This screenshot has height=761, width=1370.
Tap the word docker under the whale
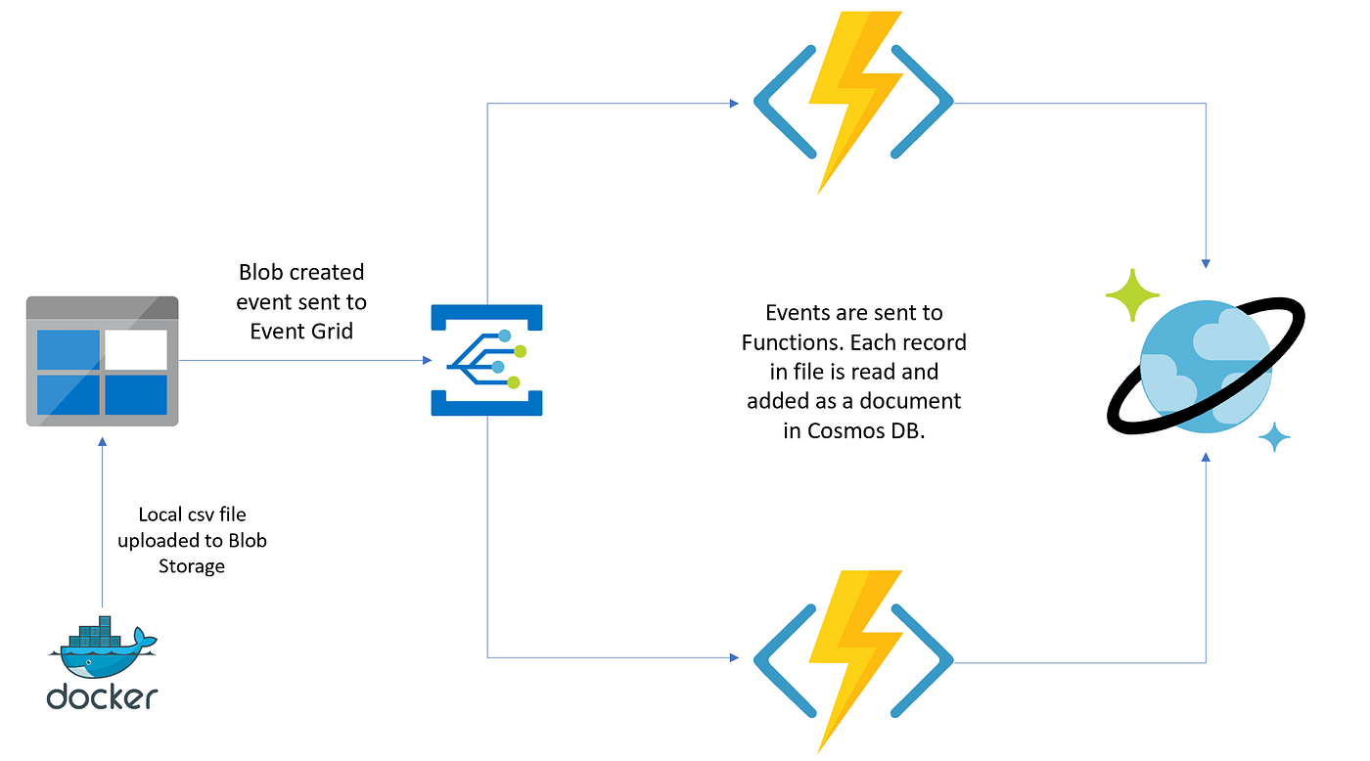point(102,695)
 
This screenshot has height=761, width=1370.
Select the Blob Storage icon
point(102,361)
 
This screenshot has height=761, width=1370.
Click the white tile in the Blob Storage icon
point(136,348)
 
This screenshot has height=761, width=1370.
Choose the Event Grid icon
point(486,360)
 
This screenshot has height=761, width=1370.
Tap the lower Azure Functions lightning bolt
point(852,660)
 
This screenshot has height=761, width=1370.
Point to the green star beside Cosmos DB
point(1132,294)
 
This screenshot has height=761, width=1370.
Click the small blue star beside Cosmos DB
point(1274,437)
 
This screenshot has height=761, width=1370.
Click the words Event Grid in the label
point(301,331)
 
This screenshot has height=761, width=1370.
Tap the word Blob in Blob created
point(259,271)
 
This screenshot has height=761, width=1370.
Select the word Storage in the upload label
point(192,565)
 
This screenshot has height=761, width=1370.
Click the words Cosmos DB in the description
point(854,431)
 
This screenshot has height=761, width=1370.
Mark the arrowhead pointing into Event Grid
point(427,361)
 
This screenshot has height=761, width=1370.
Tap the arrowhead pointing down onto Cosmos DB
point(1206,264)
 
